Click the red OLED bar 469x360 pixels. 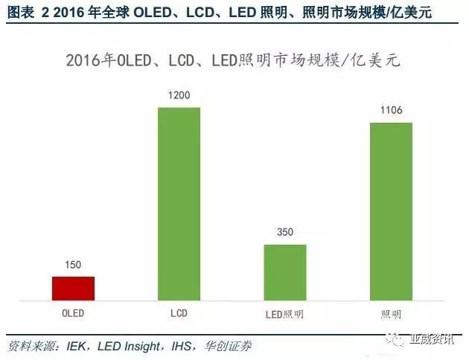click(73, 288)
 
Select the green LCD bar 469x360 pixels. click(179, 204)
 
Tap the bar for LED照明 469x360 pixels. click(285, 271)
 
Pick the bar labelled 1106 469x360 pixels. click(391, 211)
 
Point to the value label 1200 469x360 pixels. click(179, 97)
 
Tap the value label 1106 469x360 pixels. click(391, 112)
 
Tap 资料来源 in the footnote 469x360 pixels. click(29, 346)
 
